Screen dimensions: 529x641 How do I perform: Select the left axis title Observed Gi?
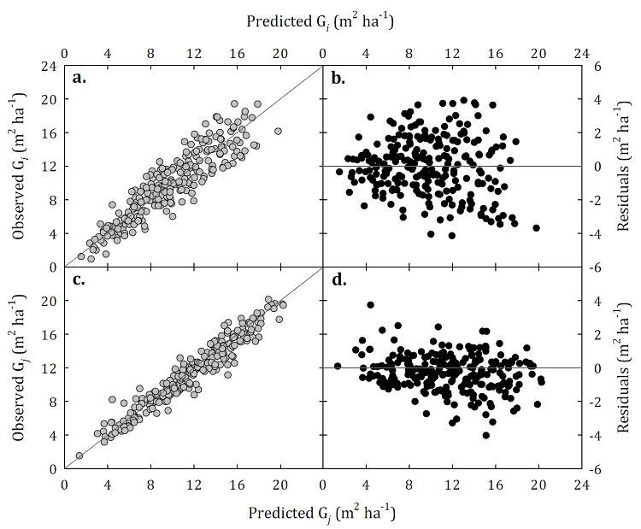[21, 165]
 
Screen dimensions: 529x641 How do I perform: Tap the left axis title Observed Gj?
[21, 367]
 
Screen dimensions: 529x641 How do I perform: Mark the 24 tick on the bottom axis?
[581, 483]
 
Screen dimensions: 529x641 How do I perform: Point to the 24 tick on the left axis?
[50, 65]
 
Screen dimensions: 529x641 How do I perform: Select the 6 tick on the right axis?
[601, 65]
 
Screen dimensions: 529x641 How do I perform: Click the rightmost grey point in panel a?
[278, 131]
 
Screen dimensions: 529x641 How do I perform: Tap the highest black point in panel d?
[371, 304]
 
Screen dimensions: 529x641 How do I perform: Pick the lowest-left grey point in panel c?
[79, 456]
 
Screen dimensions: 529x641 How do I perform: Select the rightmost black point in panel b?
[537, 227]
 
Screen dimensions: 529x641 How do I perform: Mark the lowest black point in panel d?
[486, 435]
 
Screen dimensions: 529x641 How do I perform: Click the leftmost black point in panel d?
[338, 366]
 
